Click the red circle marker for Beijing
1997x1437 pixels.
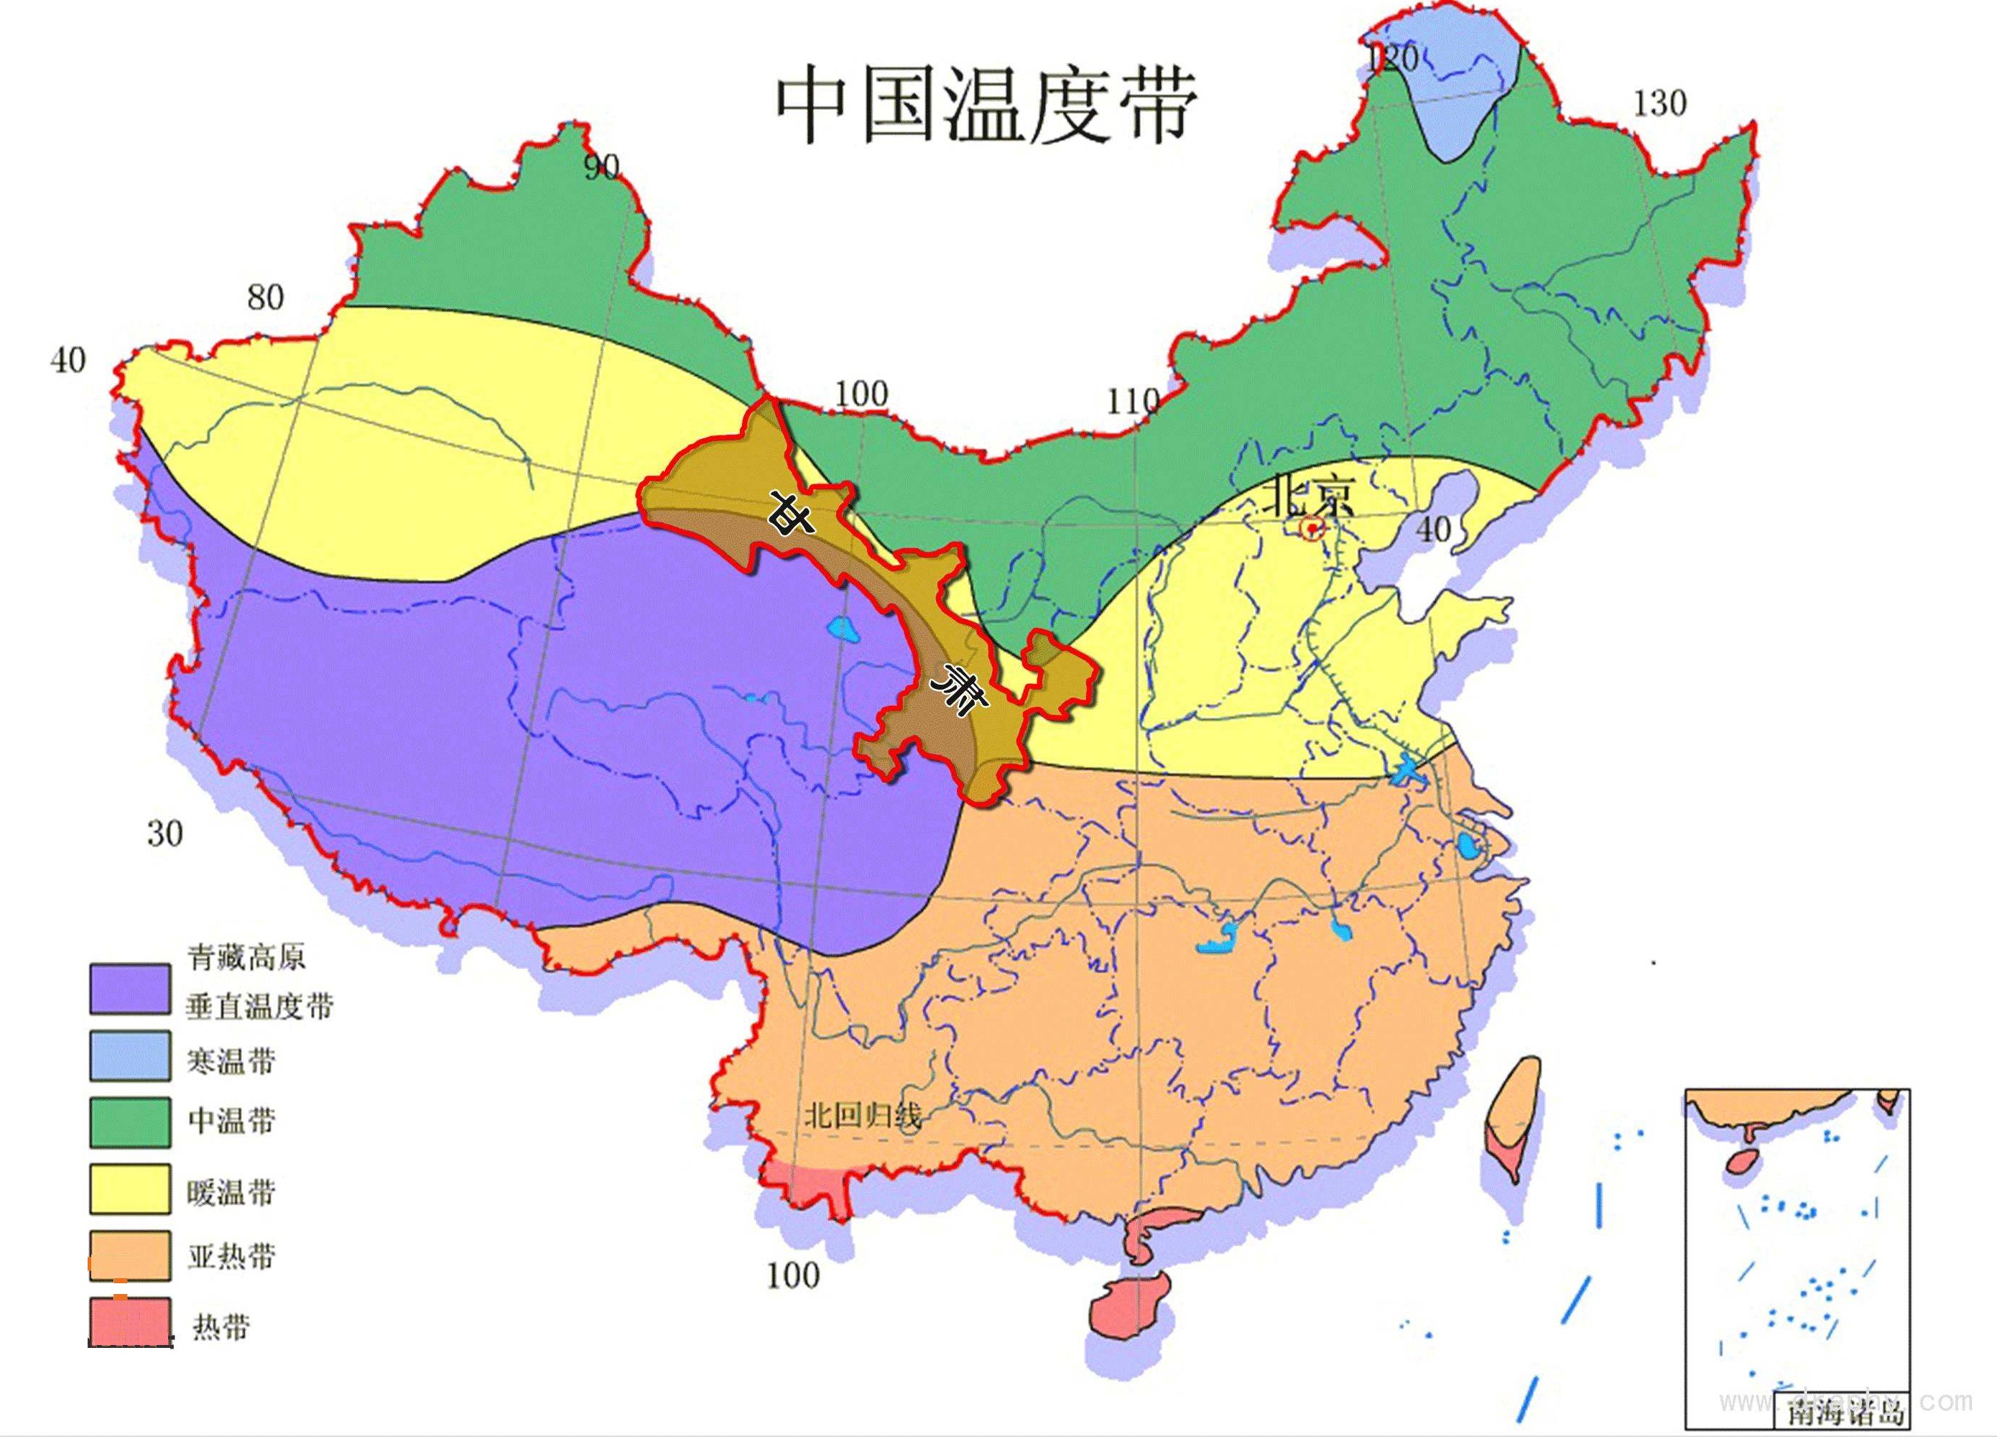tap(1312, 528)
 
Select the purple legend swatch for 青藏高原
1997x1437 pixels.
tap(129, 989)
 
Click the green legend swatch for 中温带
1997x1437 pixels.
tap(129, 1122)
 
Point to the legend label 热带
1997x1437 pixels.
tap(222, 1326)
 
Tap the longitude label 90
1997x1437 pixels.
tap(601, 167)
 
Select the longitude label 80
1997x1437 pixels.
tap(265, 297)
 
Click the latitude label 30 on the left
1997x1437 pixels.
tap(165, 833)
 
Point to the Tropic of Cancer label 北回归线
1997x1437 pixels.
tap(862, 1117)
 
